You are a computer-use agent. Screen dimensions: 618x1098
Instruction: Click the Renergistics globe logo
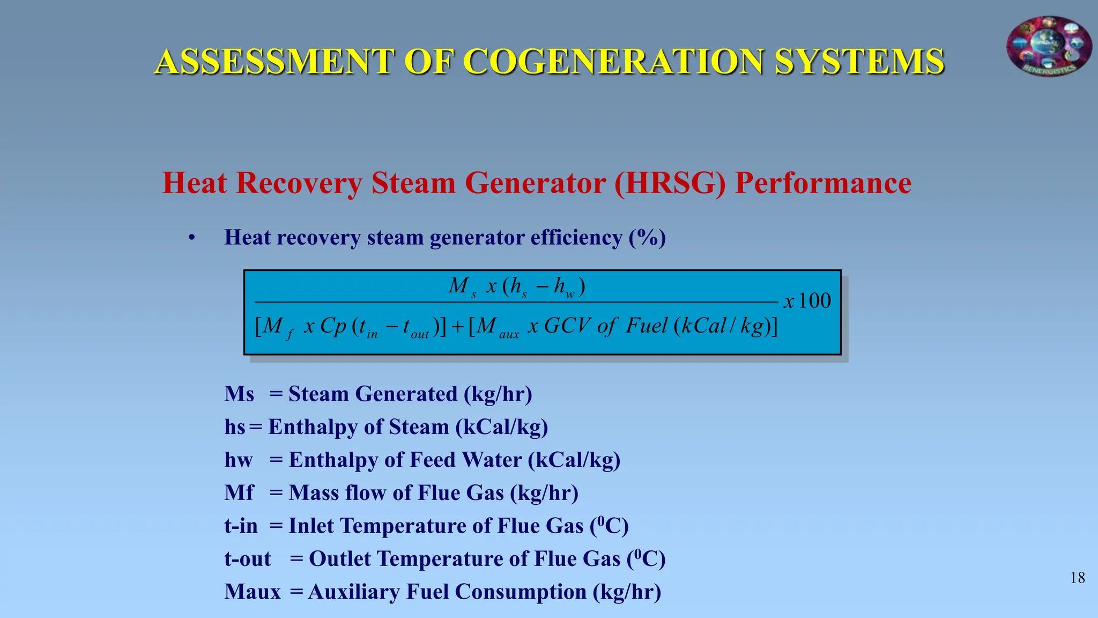pos(1049,46)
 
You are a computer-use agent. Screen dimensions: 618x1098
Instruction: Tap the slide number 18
pos(1077,578)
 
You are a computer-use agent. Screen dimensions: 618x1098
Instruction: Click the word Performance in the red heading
pos(823,183)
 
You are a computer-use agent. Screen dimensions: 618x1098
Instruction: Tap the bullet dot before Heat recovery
pos(191,238)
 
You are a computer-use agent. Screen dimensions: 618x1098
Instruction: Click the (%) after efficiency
pos(647,238)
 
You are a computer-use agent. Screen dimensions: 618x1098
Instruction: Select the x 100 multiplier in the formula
pos(807,301)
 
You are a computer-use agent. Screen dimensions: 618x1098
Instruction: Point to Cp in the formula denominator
pos(333,326)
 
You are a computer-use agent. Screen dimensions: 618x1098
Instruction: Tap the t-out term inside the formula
pos(415,327)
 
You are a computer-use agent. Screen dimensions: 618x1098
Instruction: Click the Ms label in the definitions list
pos(239,394)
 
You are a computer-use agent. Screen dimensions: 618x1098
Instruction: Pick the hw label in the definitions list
pos(238,460)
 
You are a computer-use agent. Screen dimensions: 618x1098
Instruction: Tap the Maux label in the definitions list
pos(253,592)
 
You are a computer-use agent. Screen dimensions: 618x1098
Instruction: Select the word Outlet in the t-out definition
pos(339,559)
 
